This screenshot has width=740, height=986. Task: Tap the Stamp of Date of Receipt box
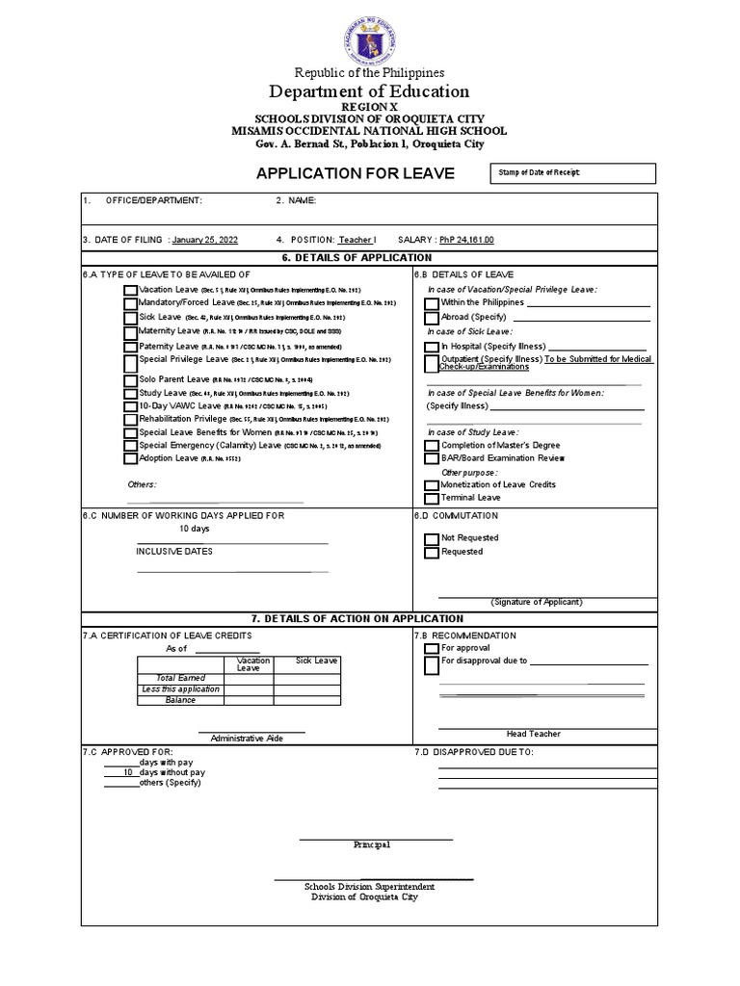(573, 173)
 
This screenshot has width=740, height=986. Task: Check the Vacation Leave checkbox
(130, 290)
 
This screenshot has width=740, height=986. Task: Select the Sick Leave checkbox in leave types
(130, 317)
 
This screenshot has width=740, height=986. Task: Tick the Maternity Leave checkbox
(130, 331)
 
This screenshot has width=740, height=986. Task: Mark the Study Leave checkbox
(130, 394)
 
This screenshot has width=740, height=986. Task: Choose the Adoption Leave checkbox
(130, 459)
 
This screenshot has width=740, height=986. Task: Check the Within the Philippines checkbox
(432, 303)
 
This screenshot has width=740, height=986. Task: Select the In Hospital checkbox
(432, 347)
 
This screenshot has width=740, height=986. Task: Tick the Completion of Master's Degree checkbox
(432, 446)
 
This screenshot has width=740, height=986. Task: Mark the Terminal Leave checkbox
(432, 499)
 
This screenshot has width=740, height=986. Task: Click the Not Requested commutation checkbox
(432, 538)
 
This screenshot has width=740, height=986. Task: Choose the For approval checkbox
(432, 648)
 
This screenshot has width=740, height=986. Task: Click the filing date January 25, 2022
(205, 240)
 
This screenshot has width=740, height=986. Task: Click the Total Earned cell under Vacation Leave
(249, 679)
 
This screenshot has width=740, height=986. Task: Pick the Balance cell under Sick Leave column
(306, 700)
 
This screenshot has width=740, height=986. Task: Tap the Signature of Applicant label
(537, 602)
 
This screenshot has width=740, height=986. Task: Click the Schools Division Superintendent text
(369, 886)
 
